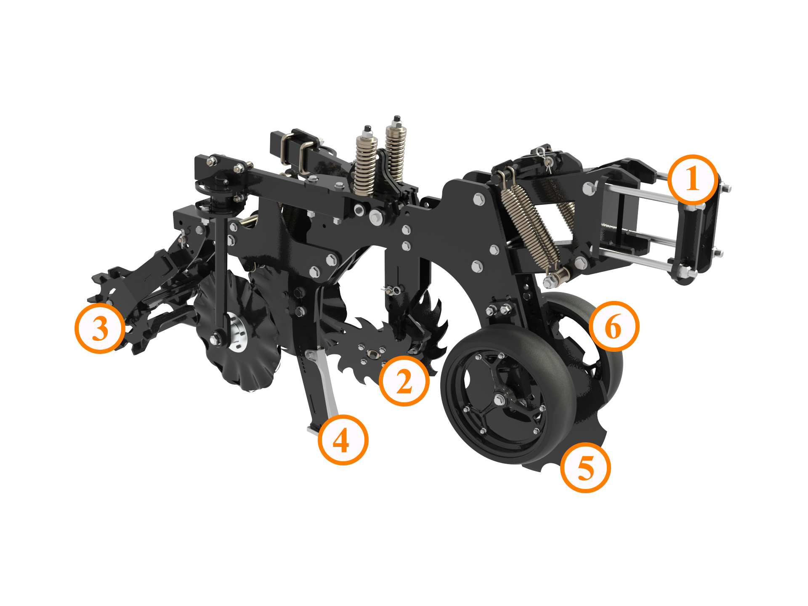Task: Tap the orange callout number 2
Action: pyautogui.click(x=404, y=381)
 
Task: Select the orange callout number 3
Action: pyautogui.click(x=100, y=328)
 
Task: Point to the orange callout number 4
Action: pyautogui.click(x=343, y=440)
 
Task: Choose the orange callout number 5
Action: pyautogui.click(x=585, y=468)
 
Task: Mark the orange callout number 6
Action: pyautogui.click(x=614, y=327)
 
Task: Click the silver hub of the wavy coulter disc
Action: pyautogui.click(x=238, y=335)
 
